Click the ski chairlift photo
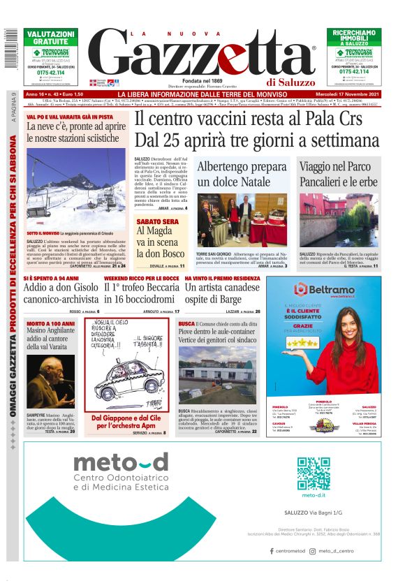point(75,188)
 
